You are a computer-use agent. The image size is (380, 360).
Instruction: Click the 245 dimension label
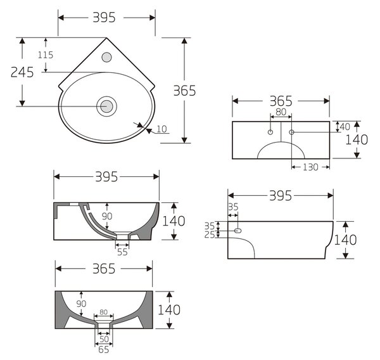click(x=22, y=72)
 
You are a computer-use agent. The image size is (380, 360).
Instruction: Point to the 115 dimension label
click(x=46, y=55)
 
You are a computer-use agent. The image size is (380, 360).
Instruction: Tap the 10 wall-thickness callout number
click(x=161, y=129)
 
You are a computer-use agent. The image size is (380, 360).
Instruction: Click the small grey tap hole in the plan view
click(x=106, y=57)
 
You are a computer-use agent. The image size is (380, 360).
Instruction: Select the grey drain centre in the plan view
click(x=106, y=106)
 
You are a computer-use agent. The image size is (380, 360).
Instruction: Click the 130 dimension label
click(x=310, y=167)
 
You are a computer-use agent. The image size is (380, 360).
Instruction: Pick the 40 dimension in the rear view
click(x=345, y=127)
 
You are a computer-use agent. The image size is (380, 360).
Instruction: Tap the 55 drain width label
click(x=122, y=252)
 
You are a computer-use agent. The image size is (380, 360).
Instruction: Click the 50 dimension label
click(x=104, y=339)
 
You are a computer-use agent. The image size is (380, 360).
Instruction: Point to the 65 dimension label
click(x=104, y=350)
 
